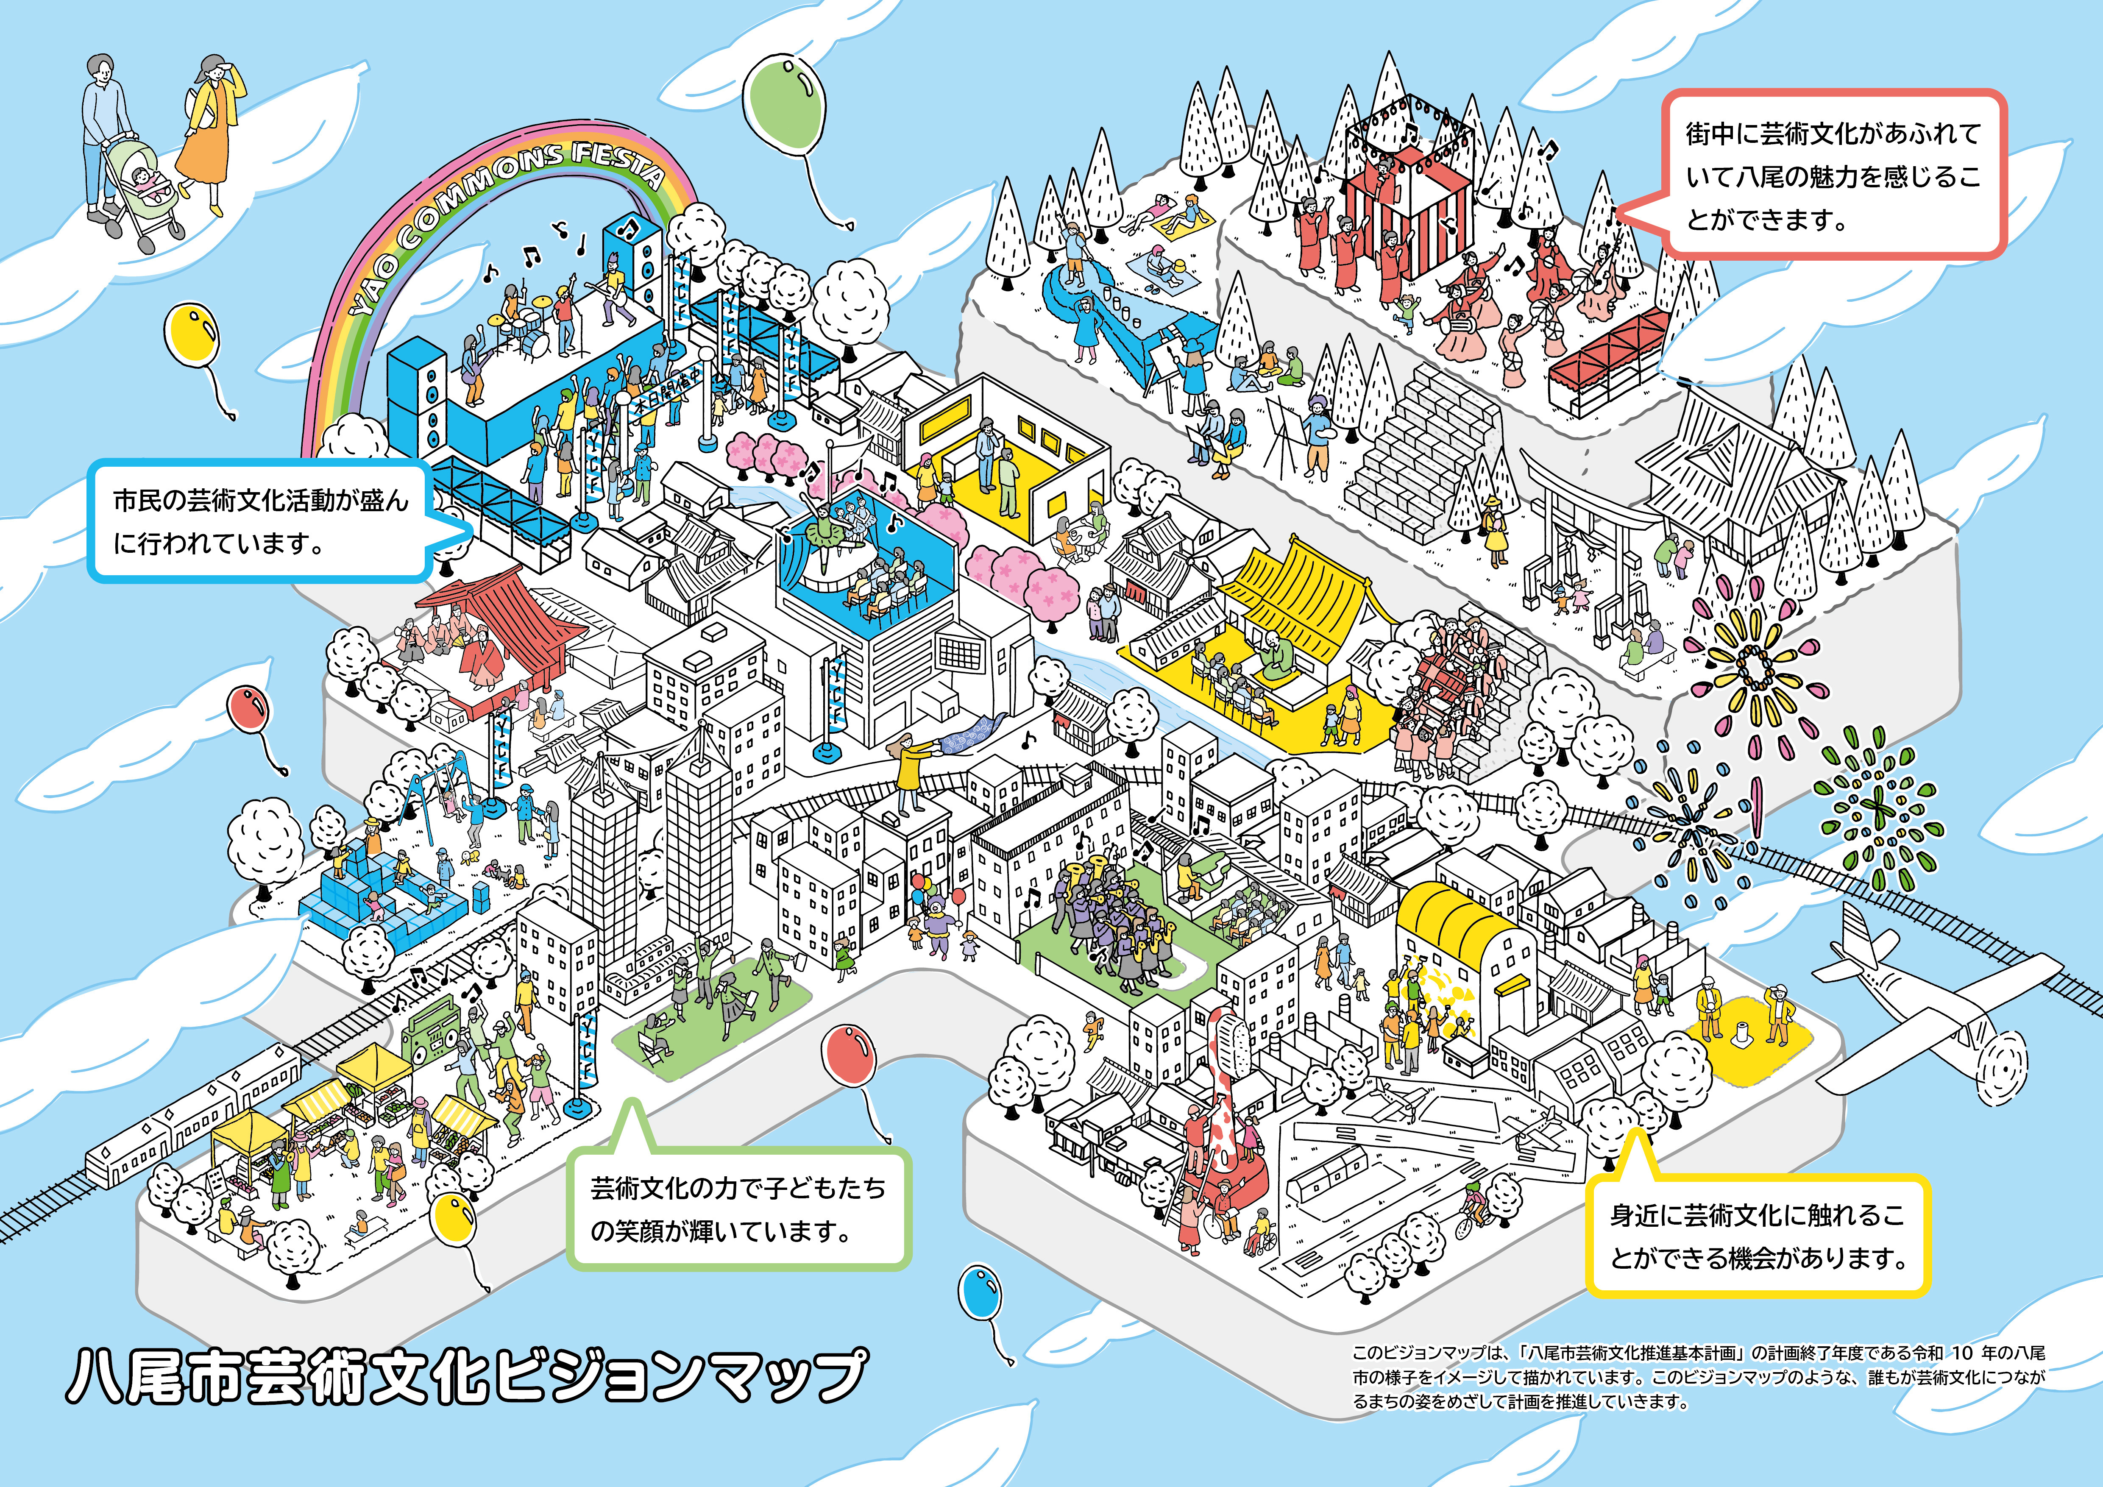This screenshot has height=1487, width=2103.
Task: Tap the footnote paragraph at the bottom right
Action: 1699,1376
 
